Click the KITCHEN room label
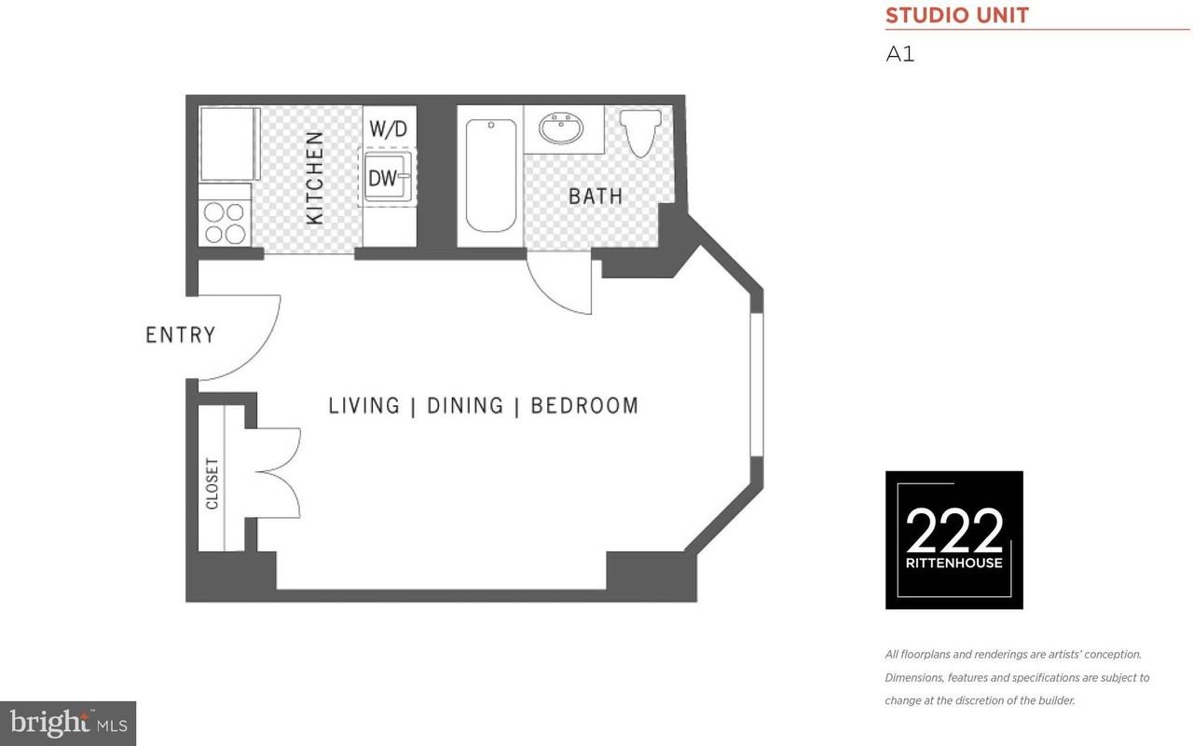click(315, 177)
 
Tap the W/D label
click(389, 129)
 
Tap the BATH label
click(595, 197)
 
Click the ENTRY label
click(180, 335)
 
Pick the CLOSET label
click(212, 482)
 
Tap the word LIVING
click(364, 406)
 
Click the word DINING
click(464, 406)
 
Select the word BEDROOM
click(584, 406)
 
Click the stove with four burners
click(225, 222)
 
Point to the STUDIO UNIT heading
click(956, 16)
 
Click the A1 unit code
click(899, 54)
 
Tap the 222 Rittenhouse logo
click(953, 540)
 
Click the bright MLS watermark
click(68, 723)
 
